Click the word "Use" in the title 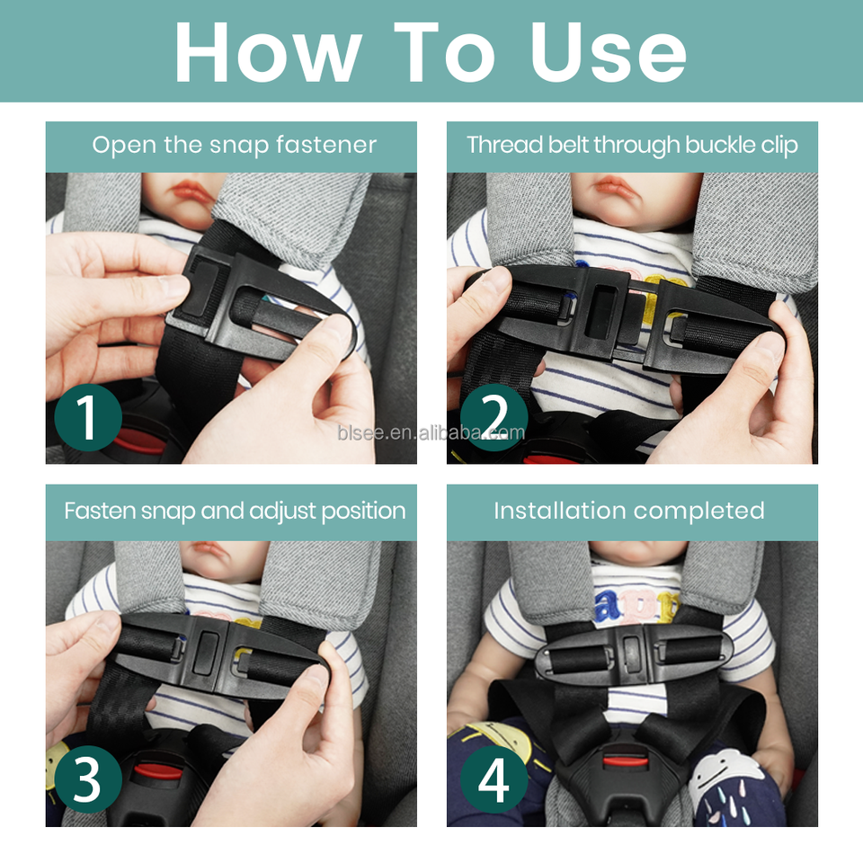tap(609, 52)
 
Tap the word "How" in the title tap(269, 52)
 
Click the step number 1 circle tap(88, 417)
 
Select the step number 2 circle tap(494, 417)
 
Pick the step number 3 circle tap(88, 780)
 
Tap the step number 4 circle tap(494, 780)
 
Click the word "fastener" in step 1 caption tap(326, 145)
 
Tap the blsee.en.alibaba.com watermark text tap(431, 433)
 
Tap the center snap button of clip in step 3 tap(208, 653)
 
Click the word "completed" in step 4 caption tap(699, 512)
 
